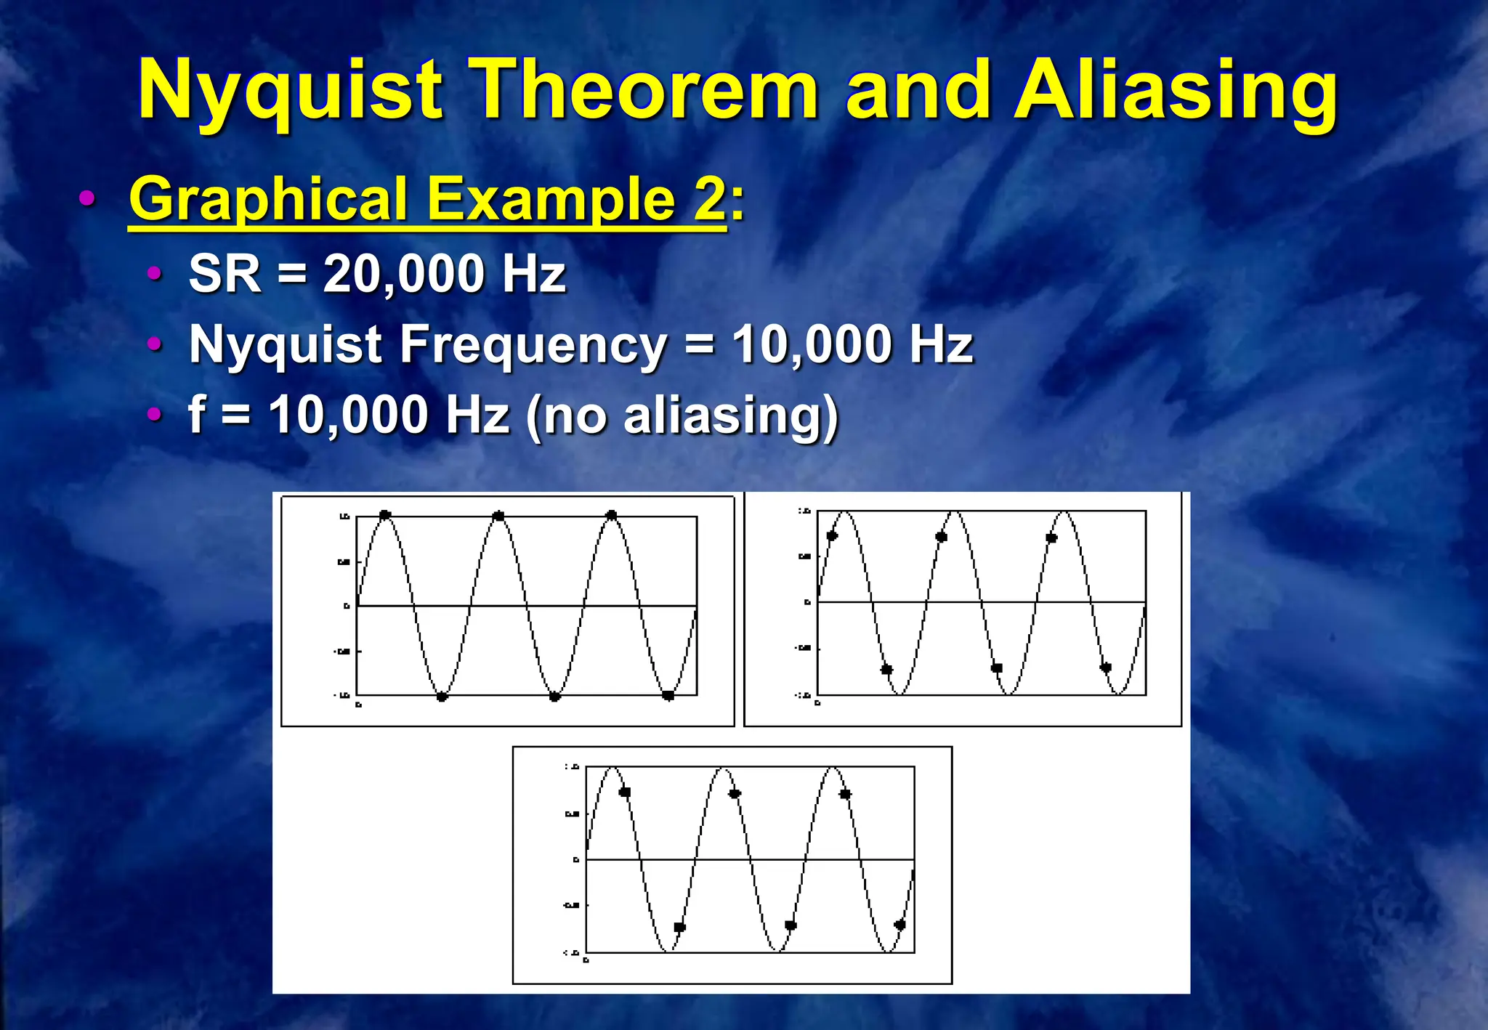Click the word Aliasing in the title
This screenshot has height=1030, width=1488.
click(1175, 91)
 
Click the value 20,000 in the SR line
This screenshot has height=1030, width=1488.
click(403, 274)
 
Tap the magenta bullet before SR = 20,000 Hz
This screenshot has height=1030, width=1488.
click(154, 274)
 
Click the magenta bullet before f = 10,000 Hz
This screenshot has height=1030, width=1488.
click(154, 414)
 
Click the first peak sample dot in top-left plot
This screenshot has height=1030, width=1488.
click(385, 515)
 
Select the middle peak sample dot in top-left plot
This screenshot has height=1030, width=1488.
click(498, 516)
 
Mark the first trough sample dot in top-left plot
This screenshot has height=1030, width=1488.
click(442, 697)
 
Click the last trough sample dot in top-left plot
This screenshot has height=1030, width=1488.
click(668, 696)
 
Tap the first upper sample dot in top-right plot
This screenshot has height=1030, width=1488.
click(833, 536)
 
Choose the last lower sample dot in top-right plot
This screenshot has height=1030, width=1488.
click(1106, 668)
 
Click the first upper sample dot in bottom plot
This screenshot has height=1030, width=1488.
click(625, 792)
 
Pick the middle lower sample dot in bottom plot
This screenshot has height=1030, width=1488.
click(791, 925)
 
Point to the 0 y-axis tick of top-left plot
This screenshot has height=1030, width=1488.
click(347, 606)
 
